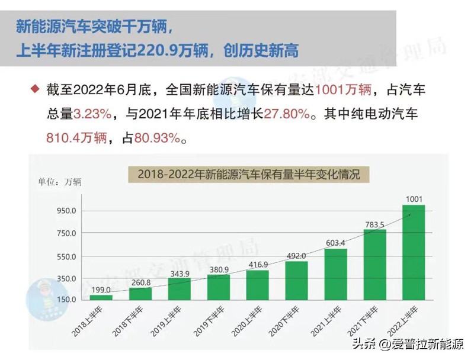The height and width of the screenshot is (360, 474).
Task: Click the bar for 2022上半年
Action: coord(414,253)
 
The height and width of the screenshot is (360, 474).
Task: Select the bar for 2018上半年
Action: coord(101,297)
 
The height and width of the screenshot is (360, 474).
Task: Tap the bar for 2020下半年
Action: coord(296,280)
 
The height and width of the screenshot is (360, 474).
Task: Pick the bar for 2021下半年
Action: coord(374,264)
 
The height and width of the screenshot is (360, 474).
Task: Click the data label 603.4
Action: coord(336,243)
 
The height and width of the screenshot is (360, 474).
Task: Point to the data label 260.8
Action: coord(140,282)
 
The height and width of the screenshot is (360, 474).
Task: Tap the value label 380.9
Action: coord(219,269)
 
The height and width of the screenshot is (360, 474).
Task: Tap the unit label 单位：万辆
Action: coord(60,181)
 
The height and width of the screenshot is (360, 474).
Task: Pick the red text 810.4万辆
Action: coord(76,139)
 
